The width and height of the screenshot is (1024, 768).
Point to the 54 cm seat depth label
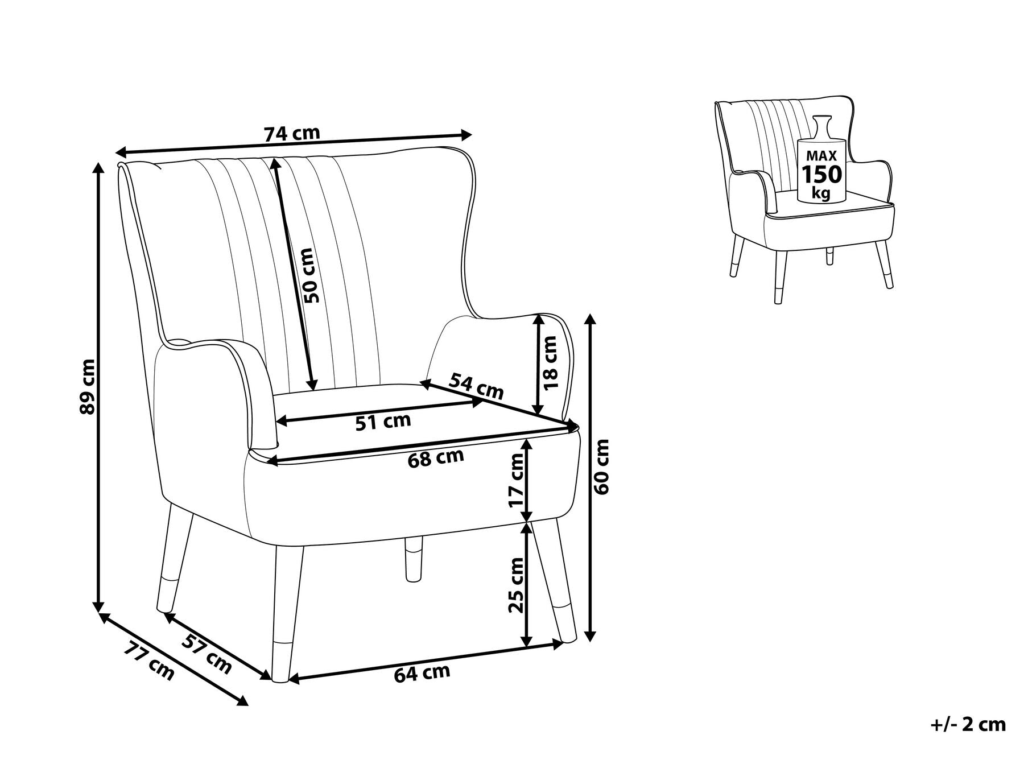(x=476, y=386)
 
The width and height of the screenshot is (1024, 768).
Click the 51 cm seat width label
(x=383, y=422)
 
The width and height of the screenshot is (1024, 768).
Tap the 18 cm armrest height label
(x=551, y=362)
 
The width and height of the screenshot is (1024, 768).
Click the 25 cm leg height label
(x=516, y=585)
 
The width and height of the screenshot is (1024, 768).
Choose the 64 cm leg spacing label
(x=422, y=674)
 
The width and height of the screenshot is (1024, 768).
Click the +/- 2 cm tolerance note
(x=968, y=725)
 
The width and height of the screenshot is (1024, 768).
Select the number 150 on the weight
(x=821, y=174)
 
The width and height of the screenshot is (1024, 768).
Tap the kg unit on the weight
(x=821, y=193)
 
